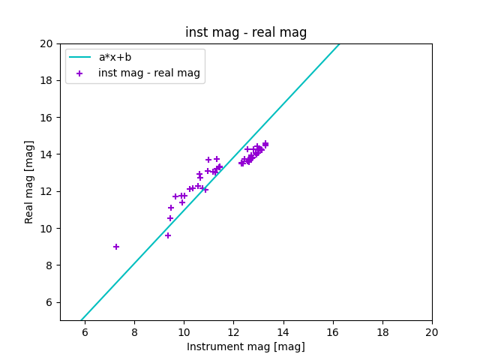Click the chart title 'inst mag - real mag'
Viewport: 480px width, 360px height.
pyautogui.click(x=246, y=33)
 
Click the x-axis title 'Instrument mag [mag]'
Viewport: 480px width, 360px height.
pyautogui.click(x=246, y=346)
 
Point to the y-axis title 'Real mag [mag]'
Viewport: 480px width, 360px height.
pyautogui.click(x=30, y=181)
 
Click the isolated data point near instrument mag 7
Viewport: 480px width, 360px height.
pyautogui.click(x=116, y=247)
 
